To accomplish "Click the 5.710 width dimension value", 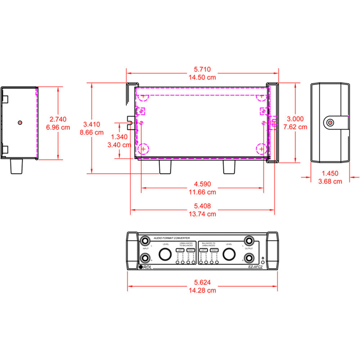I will tap(202, 69).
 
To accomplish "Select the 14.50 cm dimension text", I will tap(202, 77).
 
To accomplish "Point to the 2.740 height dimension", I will tap(58, 119).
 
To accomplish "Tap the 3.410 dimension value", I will tap(91, 124).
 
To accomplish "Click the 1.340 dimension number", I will tap(120, 137).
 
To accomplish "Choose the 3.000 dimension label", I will tap(295, 119).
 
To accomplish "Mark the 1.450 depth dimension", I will tap(330, 174).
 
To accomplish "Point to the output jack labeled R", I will tap(249, 258).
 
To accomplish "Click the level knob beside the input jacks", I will tap(166, 254).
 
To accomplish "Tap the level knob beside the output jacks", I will tap(229, 254).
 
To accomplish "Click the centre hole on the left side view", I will tap(20, 122).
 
